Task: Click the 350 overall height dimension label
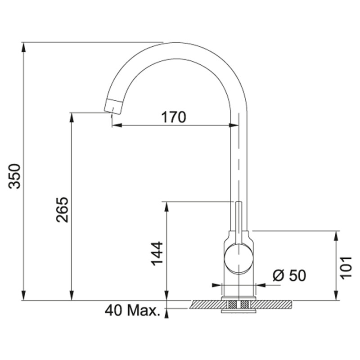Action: click(x=14, y=175)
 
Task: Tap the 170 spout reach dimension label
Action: click(x=174, y=117)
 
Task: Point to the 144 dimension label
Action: click(x=156, y=253)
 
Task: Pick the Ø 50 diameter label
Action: click(x=289, y=275)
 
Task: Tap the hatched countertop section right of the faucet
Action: click(x=274, y=305)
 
